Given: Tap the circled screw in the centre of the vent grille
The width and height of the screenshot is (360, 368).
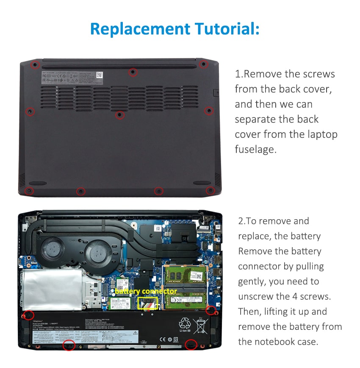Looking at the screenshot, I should click(120, 114).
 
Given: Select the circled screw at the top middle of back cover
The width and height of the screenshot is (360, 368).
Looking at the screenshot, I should click(133, 72).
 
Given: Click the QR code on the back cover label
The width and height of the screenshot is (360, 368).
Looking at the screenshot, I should click(99, 75).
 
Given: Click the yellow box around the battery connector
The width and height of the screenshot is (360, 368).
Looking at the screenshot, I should click(148, 303).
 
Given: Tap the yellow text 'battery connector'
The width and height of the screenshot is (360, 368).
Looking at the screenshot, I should click(146, 292).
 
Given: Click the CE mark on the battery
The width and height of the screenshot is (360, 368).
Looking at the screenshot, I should click(162, 339).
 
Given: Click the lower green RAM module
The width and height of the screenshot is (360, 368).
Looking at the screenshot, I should click(186, 300).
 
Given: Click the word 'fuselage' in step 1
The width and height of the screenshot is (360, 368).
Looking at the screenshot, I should click(255, 149).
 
